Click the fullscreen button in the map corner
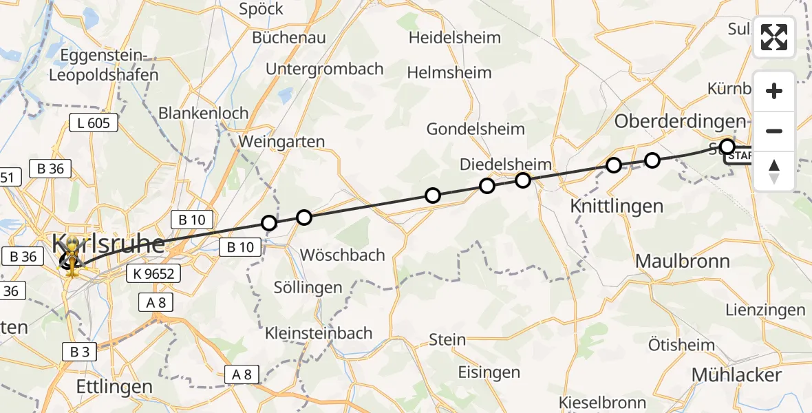pos(774,36)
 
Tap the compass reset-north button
pos(774,171)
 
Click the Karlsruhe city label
pos(109,244)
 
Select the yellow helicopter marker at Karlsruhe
pos(72,257)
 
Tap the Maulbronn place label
pos(682,261)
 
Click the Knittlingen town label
pos(607,205)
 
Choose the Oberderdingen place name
pos(680,120)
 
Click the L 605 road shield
pos(94,123)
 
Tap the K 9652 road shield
pos(153,274)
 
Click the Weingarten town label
pos(281,141)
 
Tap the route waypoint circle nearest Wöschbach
pos(303,218)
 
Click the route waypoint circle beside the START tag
pos(727,146)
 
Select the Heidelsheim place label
pos(454,37)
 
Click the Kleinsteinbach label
pos(319,333)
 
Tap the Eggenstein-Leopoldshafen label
pos(109,65)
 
